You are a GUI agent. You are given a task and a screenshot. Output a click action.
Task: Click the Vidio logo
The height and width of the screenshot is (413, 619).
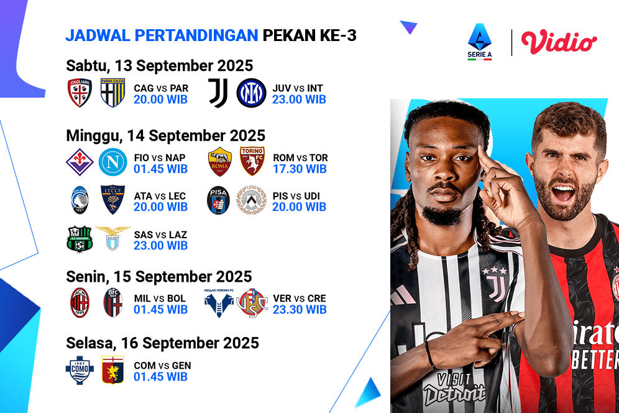click(559, 42)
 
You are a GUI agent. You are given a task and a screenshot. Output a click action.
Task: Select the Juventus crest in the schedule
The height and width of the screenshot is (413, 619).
click(218, 93)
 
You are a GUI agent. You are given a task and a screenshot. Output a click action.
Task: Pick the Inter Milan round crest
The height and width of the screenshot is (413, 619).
click(250, 93)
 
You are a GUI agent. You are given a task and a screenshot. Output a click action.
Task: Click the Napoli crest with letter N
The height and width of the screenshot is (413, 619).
click(112, 162)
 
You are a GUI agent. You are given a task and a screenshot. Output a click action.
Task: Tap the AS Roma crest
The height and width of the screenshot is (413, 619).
click(220, 162)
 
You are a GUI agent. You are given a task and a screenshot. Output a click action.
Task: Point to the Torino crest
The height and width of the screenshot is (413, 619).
click(252, 162)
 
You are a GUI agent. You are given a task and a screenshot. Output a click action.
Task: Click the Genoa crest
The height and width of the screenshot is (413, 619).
click(112, 370)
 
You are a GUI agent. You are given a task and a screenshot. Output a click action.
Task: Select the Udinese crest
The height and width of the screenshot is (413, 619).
click(252, 201)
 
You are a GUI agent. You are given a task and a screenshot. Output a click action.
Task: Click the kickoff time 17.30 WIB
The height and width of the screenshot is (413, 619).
click(300, 169)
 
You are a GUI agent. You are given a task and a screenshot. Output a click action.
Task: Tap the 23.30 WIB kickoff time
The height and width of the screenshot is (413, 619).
click(300, 309)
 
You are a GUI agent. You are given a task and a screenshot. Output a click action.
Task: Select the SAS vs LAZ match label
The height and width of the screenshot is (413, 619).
click(160, 234)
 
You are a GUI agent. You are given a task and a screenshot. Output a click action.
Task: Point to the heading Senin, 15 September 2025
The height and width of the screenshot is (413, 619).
click(159, 276)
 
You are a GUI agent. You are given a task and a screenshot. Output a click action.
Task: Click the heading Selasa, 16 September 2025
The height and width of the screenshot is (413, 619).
click(162, 343)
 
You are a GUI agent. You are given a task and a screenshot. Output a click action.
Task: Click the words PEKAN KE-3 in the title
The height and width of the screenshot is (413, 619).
click(309, 35)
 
